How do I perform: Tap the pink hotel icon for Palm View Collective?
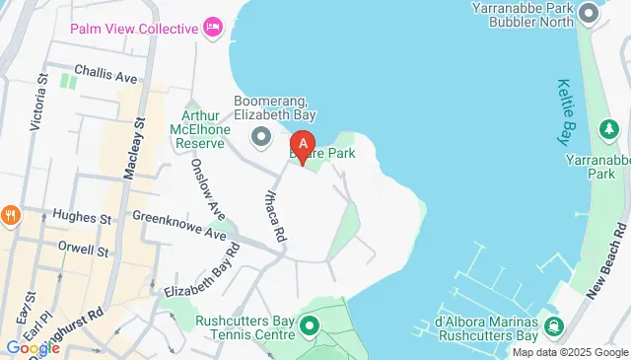[x=212, y=28]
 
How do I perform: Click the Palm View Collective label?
[x=133, y=28]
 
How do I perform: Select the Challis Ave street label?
[x=110, y=75]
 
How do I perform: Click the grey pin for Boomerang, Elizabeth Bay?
[x=261, y=136]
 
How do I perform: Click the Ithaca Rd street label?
[x=273, y=212]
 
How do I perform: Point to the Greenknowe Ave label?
[x=178, y=224]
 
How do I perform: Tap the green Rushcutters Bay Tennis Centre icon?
[x=310, y=324]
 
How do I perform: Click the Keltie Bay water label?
[x=572, y=109]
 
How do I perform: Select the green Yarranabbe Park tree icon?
[x=605, y=130]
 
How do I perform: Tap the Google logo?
[x=33, y=347]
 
